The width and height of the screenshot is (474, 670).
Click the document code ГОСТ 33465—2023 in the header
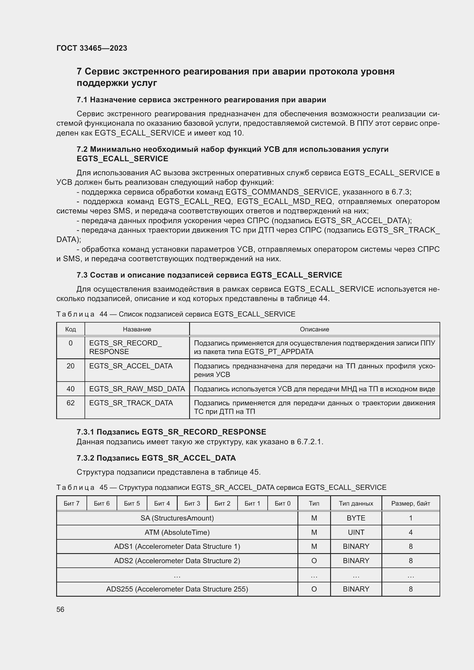[x=92, y=48]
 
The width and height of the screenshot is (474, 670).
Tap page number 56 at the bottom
[x=60, y=609]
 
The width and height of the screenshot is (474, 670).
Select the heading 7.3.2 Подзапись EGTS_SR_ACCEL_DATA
[x=156, y=458]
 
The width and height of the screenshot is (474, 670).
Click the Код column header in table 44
[x=70, y=329]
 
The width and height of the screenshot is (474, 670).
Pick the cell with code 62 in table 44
[x=70, y=403]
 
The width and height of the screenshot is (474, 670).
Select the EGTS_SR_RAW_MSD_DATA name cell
[x=137, y=389]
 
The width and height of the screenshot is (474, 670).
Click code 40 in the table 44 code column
[x=70, y=389]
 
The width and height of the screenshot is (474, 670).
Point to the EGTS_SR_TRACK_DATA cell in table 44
[x=131, y=403]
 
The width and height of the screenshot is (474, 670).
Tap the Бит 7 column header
[x=72, y=503]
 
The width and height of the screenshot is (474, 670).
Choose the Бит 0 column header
[x=283, y=503]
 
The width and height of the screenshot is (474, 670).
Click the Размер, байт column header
[x=410, y=503]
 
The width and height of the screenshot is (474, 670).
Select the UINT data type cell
[x=356, y=532]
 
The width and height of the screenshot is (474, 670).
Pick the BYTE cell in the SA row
[x=356, y=518]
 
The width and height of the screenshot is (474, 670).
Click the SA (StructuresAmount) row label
[x=177, y=518]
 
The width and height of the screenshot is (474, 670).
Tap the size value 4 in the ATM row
[x=410, y=532]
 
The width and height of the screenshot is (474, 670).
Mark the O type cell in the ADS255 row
[x=314, y=589]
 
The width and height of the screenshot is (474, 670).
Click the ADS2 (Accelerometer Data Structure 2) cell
[x=177, y=561]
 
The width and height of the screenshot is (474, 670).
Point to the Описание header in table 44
[x=314, y=329]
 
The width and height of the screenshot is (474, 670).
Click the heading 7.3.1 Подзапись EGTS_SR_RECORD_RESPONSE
[x=171, y=432]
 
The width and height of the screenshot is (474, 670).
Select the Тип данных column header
[x=356, y=503]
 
